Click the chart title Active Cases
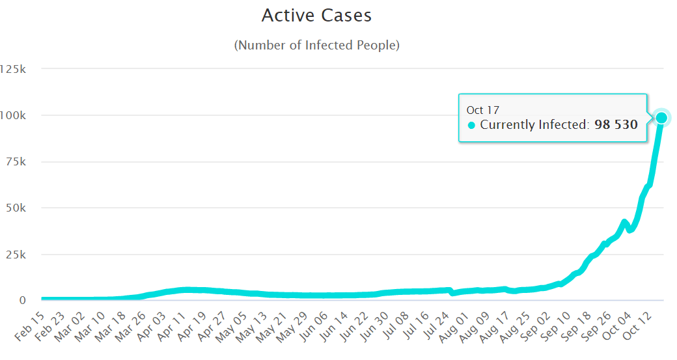point(316,16)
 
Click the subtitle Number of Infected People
point(316,45)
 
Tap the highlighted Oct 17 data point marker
point(661,117)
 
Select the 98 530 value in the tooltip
point(616,124)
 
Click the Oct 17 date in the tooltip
point(483,110)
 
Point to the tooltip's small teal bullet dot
point(471,125)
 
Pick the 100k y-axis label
point(13,115)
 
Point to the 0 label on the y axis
point(23,300)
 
